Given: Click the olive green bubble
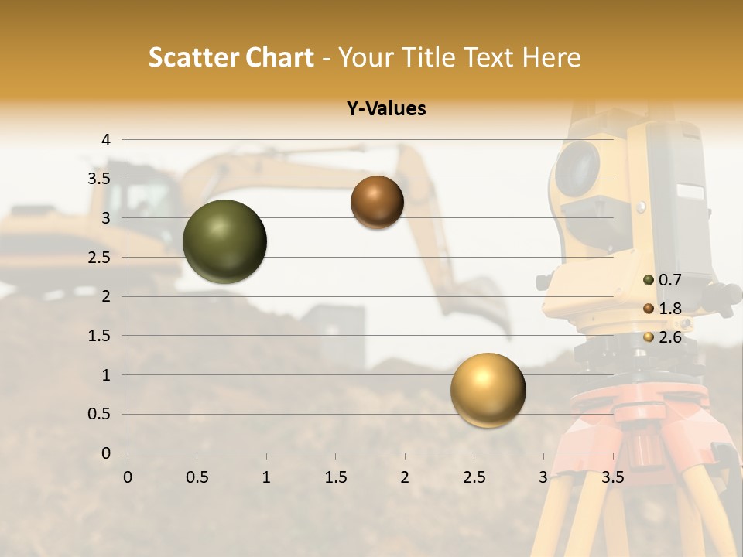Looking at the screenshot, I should [x=224, y=241].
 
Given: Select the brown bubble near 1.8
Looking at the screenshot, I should [x=377, y=202].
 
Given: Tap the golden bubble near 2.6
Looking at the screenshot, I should [x=488, y=390].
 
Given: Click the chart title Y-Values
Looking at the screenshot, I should [x=385, y=109].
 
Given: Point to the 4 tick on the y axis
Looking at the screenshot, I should [x=106, y=140].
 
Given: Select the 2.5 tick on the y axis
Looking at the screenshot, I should [x=98, y=257].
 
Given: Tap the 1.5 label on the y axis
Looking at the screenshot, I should [x=98, y=336].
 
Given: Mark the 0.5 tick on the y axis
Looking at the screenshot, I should [x=98, y=414].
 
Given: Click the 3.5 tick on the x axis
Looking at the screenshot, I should [x=612, y=477].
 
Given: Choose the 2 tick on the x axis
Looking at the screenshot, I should [x=404, y=477].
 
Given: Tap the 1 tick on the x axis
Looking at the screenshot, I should [x=266, y=477].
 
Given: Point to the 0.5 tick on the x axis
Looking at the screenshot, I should [x=197, y=477].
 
